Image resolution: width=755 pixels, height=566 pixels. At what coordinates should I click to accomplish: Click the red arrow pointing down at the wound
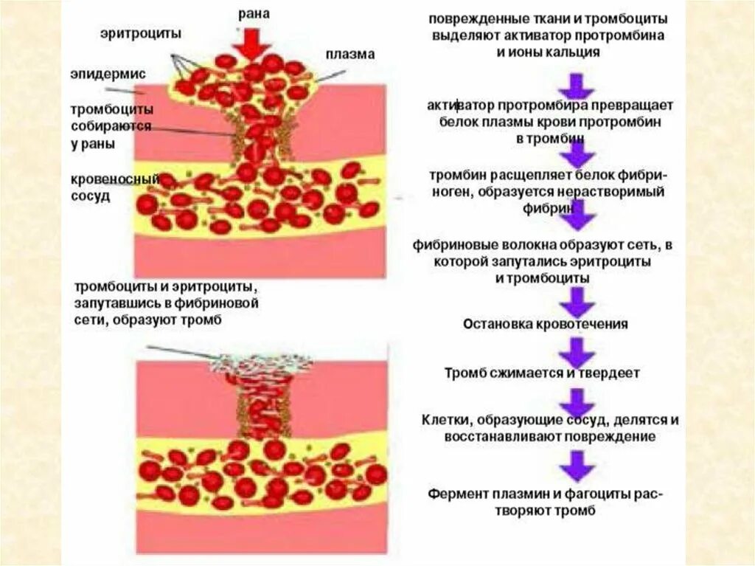coord(253,43)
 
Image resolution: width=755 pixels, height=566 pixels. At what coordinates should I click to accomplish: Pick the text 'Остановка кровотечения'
coord(546,324)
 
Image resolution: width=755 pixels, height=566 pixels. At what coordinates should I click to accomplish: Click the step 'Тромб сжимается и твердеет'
coord(542,373)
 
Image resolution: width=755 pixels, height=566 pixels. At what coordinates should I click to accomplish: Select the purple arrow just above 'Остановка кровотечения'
coord(578,301)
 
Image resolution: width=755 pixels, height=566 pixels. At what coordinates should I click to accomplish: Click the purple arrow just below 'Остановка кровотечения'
coord(578,350)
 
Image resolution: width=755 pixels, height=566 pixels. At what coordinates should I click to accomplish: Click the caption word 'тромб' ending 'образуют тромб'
coord(205,320)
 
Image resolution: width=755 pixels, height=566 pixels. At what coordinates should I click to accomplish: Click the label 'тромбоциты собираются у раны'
coord(112,126)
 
